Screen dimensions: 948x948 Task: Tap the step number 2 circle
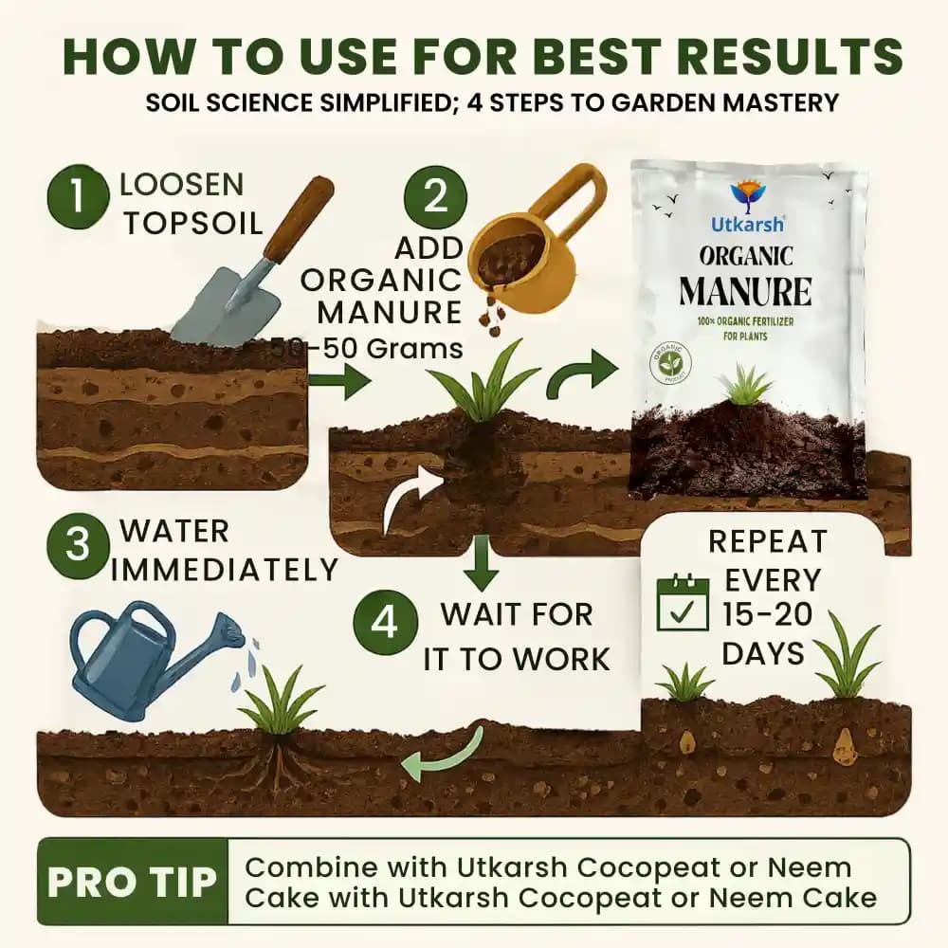click(435, 195)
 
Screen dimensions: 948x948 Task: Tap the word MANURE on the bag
click(745, 290)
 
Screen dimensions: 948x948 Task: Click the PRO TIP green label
click(131, 881)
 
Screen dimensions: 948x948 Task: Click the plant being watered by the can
click(281, 706)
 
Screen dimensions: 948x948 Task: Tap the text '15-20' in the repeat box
click(767, 615)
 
